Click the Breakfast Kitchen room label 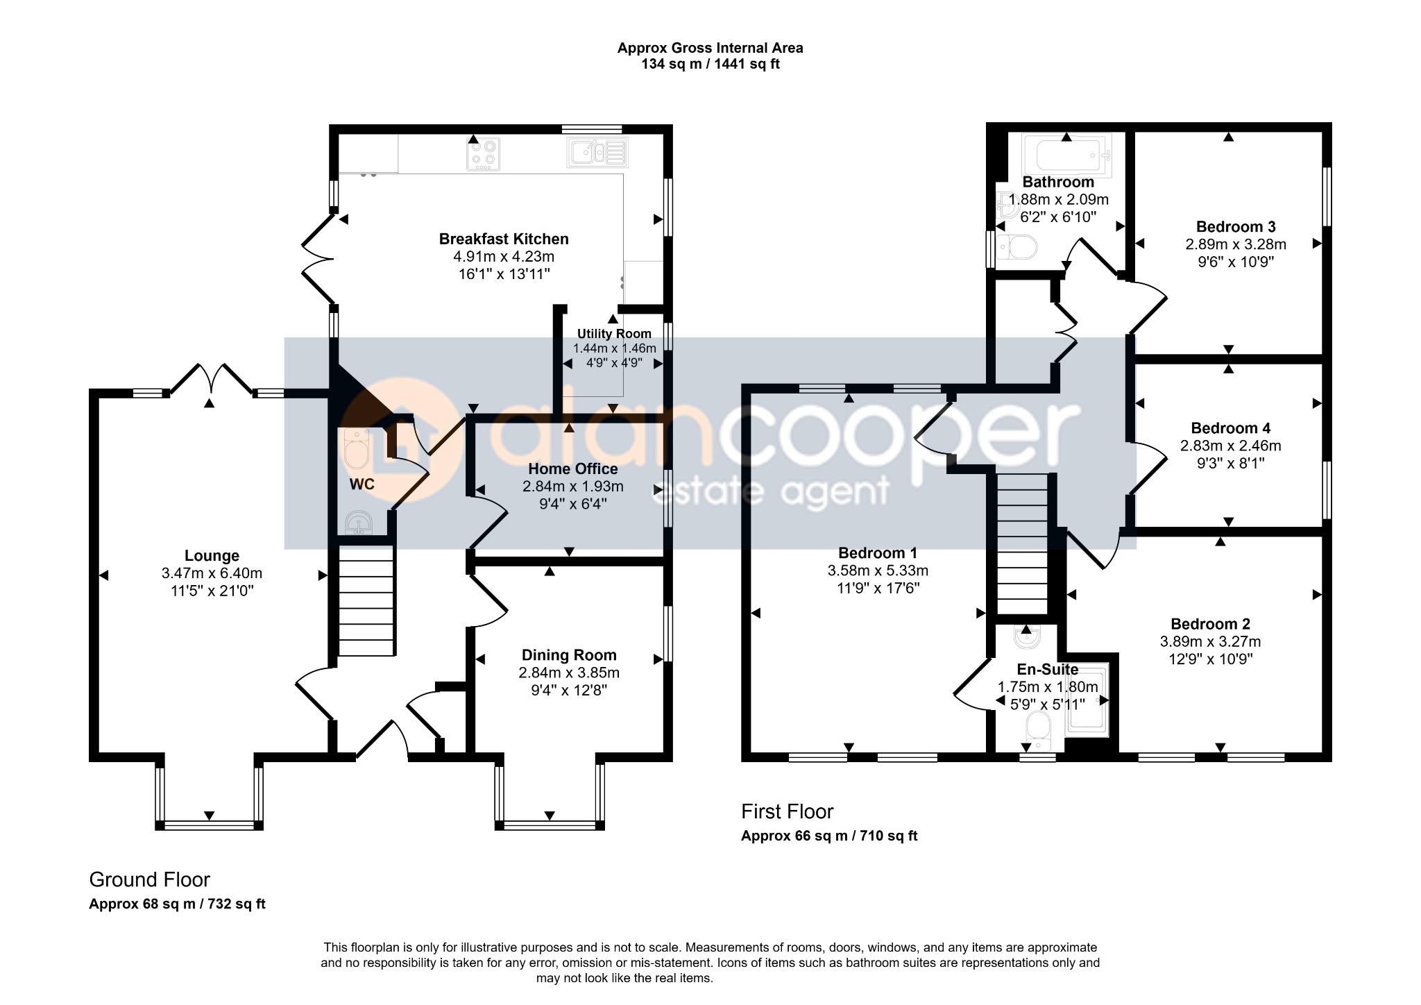point(504,239)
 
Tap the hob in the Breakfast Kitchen point(484,155)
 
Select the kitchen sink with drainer point(598,153)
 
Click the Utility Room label point(614,334)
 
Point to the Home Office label point(573,469)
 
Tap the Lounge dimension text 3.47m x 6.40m point(212,573)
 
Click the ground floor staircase point(366,600)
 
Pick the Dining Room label point(569,655)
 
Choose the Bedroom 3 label point(1236,227)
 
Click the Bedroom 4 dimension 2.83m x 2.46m point(1231,446)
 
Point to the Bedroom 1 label point(878,553)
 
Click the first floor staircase point(1022,543)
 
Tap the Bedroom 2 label point(1210,624)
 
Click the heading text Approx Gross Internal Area point(710,48)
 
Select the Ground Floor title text point(149,879)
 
